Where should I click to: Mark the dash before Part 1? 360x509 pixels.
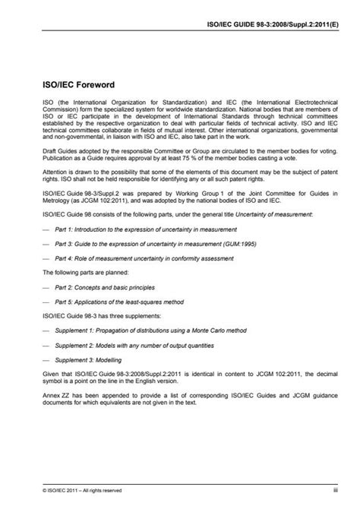click(x=47, y=228)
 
